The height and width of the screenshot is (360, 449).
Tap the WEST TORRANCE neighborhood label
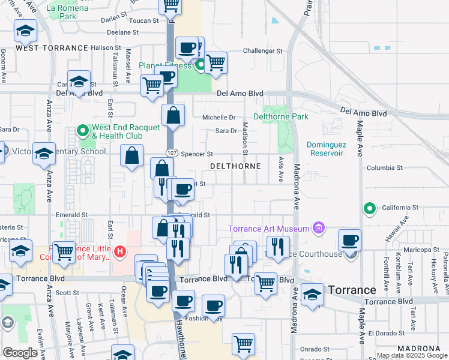coord(52,47)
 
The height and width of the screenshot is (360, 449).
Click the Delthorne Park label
coord(281,116)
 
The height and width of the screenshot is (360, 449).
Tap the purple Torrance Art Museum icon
coord(318,228)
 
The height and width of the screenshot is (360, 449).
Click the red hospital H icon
coord(120,251)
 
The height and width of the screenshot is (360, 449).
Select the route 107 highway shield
coord(172,154)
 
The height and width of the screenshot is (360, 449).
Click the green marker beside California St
coord(370,209)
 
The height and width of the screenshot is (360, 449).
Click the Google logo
coord(20,353)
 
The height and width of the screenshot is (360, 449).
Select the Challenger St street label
coord(262,52)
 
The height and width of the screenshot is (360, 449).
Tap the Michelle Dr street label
coord(218,118)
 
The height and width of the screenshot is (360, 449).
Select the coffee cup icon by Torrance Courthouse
coord(349,240)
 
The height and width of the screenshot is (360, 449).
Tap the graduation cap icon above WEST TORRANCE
coord(25,30)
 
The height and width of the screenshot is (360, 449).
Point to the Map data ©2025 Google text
coord(412,356)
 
